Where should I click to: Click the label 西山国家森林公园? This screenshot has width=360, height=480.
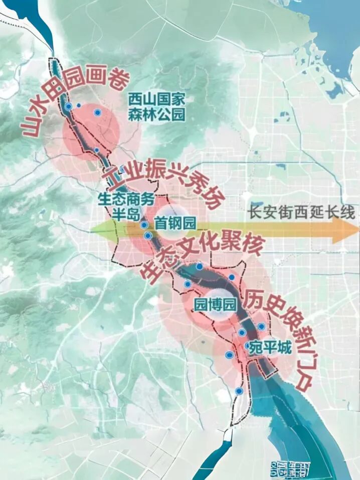[x=156, y=106]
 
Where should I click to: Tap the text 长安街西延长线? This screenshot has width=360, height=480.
[x=301, y=212]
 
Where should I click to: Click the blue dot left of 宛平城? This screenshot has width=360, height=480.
[x=242, y=332]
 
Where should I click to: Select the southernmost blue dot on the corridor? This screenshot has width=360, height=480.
[x=239, y=391]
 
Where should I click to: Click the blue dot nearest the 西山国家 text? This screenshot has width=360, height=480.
[x=98, y=113]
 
